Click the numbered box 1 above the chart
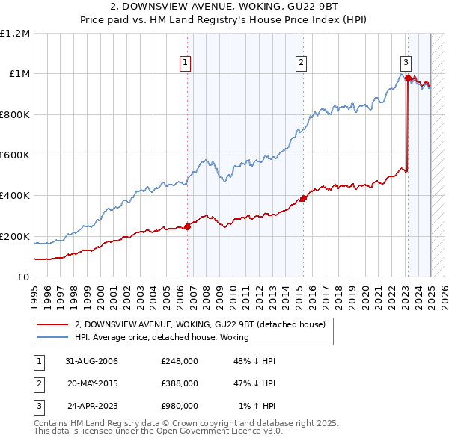(x=184, y=63)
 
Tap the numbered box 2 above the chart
(x=301, y=63)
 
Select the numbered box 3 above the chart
(x=405, y=63)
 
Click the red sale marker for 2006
(x=187, y=227)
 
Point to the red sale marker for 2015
(x=303, y=198)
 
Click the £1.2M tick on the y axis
(x=16, y=34)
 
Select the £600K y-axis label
(x=15, y=155)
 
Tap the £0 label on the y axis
(x=23, y=277)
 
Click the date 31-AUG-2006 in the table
(x=91, y=361)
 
